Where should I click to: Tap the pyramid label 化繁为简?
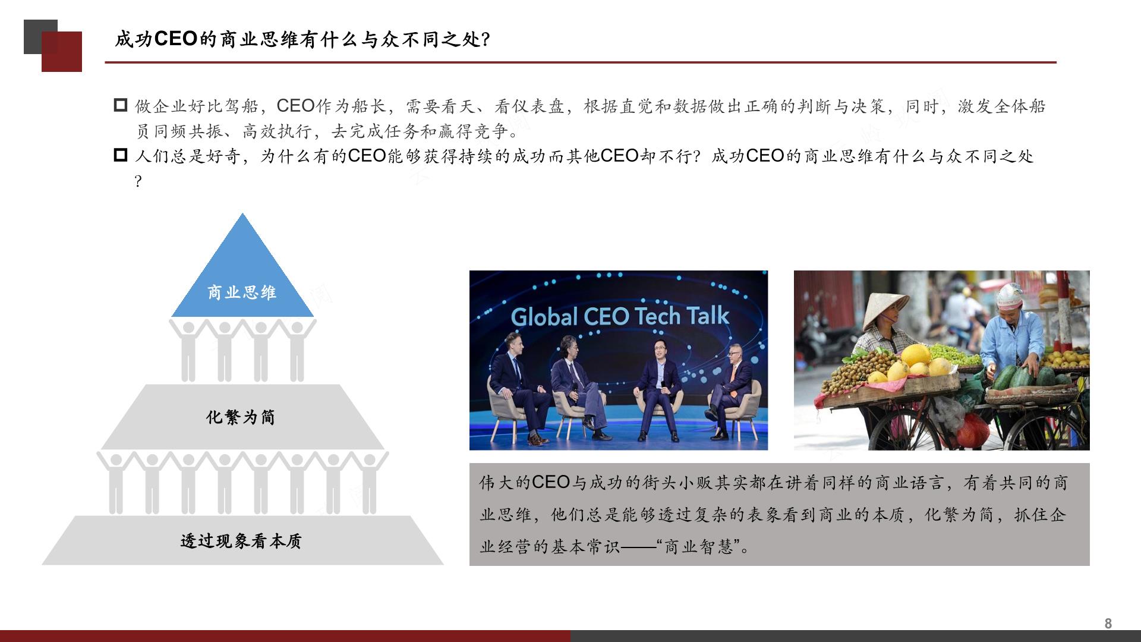[241, 417]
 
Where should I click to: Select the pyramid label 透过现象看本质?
[241, 541]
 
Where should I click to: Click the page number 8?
[1108, 623]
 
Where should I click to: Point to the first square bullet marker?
[121, 105]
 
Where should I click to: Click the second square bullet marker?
[121, 155]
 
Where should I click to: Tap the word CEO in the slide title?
[176, 39]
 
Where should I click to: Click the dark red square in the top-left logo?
[62, 52]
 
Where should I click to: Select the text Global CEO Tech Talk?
[620, 316]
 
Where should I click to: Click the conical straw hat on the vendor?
[885, 310]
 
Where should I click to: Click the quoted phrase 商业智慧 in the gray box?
[698, 546]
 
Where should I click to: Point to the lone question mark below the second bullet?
[138, 181]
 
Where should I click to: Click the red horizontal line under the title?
[581, 62]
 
